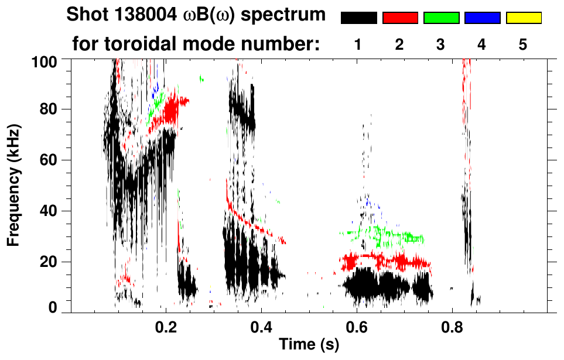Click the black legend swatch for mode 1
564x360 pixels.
pos(358,18)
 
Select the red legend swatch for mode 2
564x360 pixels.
pos(400,18)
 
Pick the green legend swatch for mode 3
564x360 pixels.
pos(441,18)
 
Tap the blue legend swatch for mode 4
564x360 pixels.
pos(482,18)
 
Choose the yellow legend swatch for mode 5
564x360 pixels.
pos(524,18)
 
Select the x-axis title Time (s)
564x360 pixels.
pos(309,345)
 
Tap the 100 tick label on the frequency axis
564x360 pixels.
pos(46,60)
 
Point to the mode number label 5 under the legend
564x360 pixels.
pos(523,44)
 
